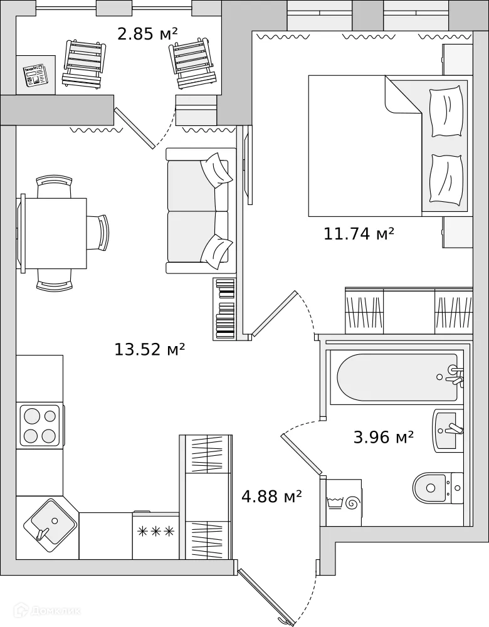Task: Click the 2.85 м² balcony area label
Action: (x=147, y=33)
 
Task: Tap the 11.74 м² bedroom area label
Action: (x=359, y=234)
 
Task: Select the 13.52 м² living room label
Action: (x=149, y=349)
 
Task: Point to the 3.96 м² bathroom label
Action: (x=383, y=437)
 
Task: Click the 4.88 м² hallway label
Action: (x=271, y=497)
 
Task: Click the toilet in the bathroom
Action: (x=436, y=486)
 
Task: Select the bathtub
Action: (x=397, y=377)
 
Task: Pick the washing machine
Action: (x=344, y=502)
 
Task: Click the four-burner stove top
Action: (x=39, y=425)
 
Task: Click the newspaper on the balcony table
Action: (x=35, y=76)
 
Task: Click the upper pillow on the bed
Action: (x=446, y=111)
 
